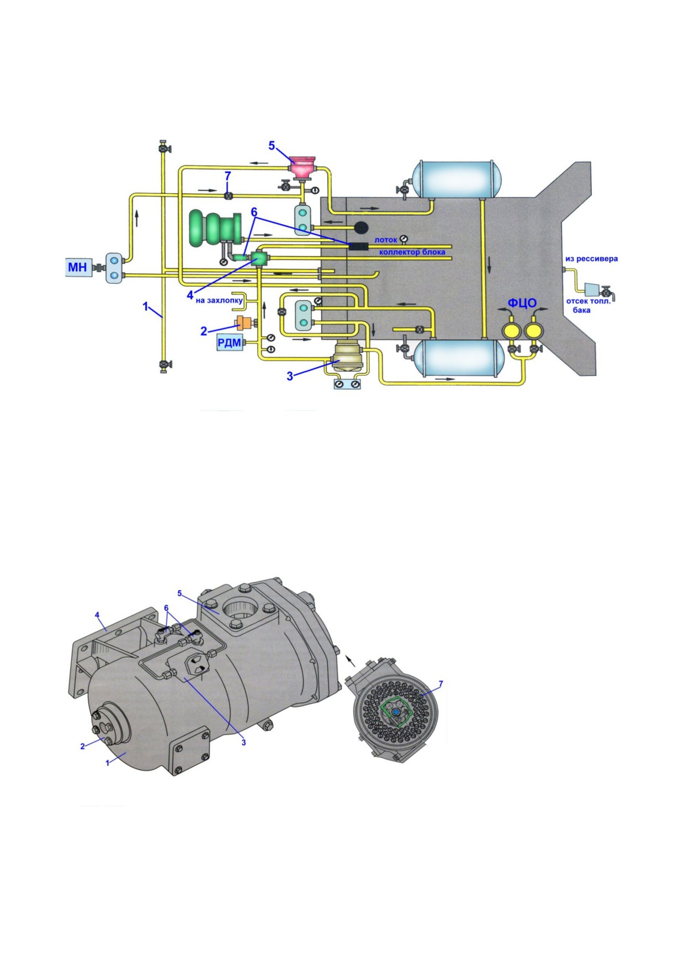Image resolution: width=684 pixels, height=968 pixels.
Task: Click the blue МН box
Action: pos(78,267)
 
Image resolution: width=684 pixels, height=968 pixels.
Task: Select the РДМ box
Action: pos(230,343)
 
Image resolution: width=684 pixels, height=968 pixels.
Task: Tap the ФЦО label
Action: pos(522,303)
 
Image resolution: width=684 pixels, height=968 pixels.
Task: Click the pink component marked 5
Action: pos(303,165)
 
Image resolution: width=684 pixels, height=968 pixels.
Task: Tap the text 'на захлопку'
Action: pos(219,300)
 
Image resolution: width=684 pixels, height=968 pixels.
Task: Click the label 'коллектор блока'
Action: pos(412,252)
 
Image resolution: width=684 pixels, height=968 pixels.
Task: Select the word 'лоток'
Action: pos(386,240)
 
